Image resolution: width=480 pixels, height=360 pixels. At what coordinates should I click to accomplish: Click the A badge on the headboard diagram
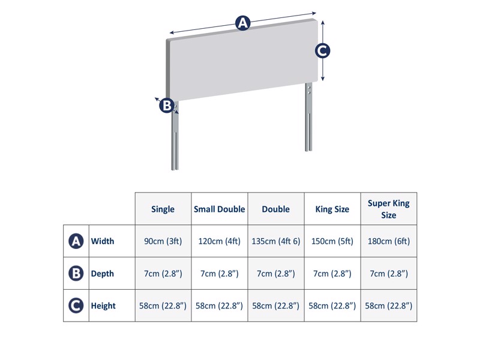tap(242, 23)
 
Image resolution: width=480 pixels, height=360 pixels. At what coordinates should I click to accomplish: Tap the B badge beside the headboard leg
tap(166, 106)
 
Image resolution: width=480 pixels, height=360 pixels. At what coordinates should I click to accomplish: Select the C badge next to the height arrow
tap(323, 51)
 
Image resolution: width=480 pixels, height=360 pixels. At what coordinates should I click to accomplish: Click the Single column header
tap(163, 209)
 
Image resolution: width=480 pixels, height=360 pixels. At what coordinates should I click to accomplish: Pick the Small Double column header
tap(220, 209)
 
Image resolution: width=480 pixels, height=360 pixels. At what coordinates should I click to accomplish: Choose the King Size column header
tap(332, 209)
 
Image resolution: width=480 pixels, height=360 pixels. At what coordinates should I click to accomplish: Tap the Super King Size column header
tap(389, 209)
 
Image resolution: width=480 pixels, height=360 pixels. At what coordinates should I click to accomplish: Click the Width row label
tap(103, 241)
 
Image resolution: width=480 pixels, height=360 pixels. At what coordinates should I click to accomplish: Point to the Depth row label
tap(103, 274)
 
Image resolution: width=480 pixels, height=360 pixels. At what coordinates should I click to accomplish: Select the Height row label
tap(103, 306)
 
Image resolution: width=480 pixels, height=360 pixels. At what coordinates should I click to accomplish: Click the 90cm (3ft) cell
tap(163, 241)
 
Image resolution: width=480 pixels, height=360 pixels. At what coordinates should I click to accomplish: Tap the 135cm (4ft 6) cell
tap(276, 241)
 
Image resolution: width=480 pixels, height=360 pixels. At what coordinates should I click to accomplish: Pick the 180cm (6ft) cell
tap(389, 241)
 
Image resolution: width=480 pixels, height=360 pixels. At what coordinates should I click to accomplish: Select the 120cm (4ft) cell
tap(220, 241)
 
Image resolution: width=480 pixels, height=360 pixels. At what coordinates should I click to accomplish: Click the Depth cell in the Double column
tap(276, 274)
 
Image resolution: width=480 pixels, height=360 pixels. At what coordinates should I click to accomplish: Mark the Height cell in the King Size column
tap(332, 306)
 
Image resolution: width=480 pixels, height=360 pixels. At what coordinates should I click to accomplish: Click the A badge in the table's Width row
tap(76, 241)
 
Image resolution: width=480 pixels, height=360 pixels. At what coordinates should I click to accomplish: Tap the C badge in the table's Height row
tap(76, 306)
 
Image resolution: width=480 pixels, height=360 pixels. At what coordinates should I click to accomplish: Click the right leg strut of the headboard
tap(308, 120)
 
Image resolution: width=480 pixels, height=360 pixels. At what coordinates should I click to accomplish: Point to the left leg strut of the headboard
tap(175, 141)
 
